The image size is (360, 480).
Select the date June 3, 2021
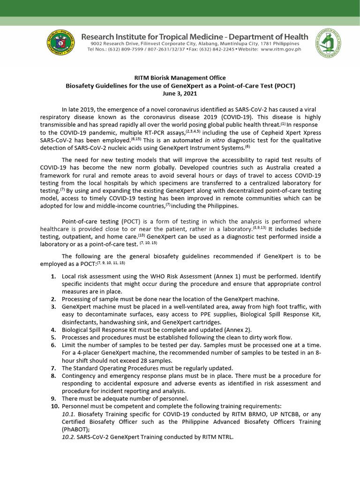click(180, 94)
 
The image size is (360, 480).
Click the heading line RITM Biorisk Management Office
click(180, 78)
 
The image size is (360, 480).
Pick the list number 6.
click(54, 345)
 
